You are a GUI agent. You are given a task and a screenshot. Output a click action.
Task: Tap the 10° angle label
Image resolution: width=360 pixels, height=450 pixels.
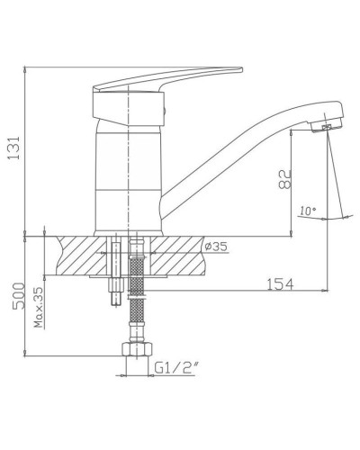[x=308, y=211]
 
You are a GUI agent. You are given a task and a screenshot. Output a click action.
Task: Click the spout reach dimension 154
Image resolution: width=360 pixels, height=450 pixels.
[x=283, y=286]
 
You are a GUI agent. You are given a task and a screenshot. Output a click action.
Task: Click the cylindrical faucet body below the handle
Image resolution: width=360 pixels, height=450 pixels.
[x=128, y=171]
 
